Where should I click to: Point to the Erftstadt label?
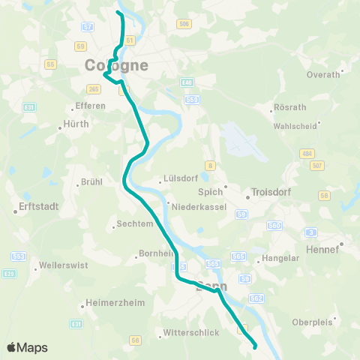tap(31, 211)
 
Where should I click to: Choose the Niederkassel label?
tap(196, 205)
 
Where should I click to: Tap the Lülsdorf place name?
tap(180, 181)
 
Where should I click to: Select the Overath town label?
tap(324, 74)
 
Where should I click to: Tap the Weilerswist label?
tap(42, 265)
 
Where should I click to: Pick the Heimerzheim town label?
tap(110, 306)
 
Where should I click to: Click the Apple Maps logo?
tap(27, 347)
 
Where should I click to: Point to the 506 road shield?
tap(184, 25)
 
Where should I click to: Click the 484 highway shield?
tap(307, 153)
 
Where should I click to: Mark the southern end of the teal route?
tap(256, 347)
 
